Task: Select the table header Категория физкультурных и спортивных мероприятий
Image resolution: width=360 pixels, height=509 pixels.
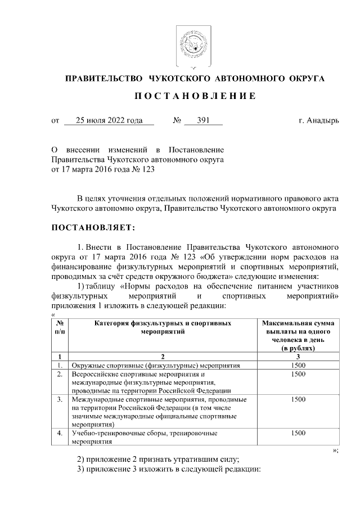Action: click(x=162, y=327)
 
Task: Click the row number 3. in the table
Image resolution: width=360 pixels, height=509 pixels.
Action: click(x=60, y=399)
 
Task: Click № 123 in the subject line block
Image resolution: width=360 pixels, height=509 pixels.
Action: click(x=144, y=168)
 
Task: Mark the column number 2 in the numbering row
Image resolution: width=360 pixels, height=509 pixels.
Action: click(x=162, y=357)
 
